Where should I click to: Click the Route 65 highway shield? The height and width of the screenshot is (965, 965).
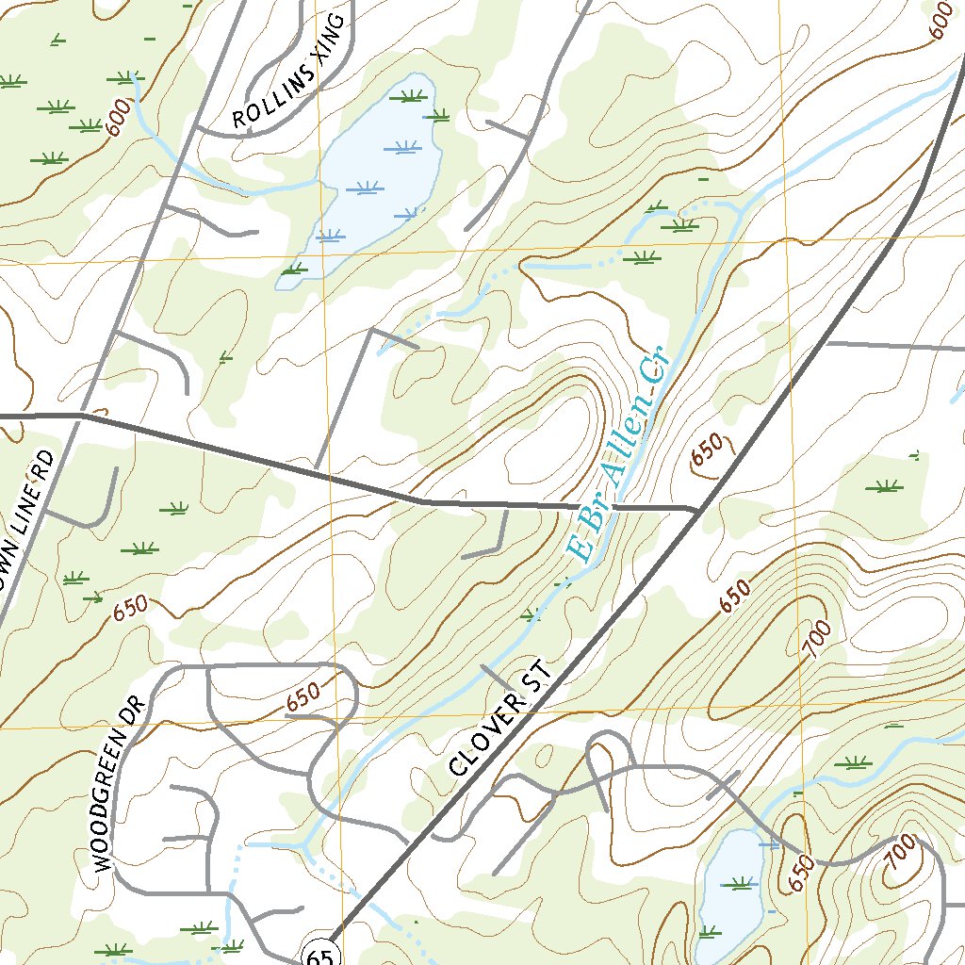pyautogui.click(x=319, y=954)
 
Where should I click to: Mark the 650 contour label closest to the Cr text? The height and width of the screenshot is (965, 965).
pyautogui.click(x=708, y=449)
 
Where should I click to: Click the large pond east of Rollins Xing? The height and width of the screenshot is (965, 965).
pyautogui.click(x=377, y=170)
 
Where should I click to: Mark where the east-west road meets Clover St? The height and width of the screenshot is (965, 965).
pyautogui.click(x=698, y=510)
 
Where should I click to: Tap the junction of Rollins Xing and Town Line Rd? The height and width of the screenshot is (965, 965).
pyautogui.click(x=195, y=125)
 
